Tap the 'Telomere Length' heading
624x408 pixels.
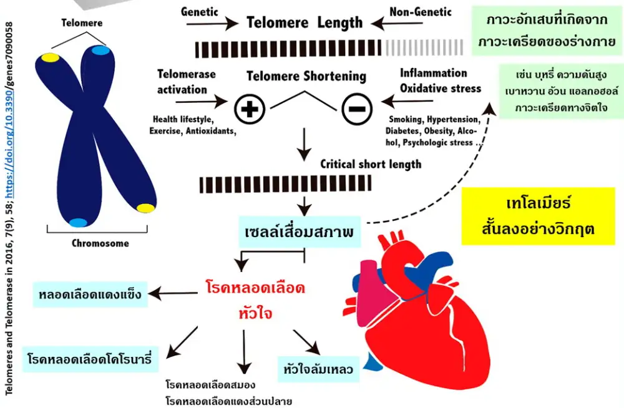[x=305, y=23]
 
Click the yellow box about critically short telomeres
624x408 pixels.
[x=538, y=216]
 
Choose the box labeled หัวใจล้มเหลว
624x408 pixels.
[x=317, y=369]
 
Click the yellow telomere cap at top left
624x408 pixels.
[x=50, y=58]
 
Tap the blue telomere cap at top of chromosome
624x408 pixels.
[x=100, y=51]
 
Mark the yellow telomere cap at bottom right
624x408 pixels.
[x=146, y=207]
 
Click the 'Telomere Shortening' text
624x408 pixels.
[x=306, y=76]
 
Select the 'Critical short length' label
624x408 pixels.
[x=371, y=165]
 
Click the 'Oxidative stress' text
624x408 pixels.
[x=441, y=88]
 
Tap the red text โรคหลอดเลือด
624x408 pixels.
[x=255, y=288]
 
